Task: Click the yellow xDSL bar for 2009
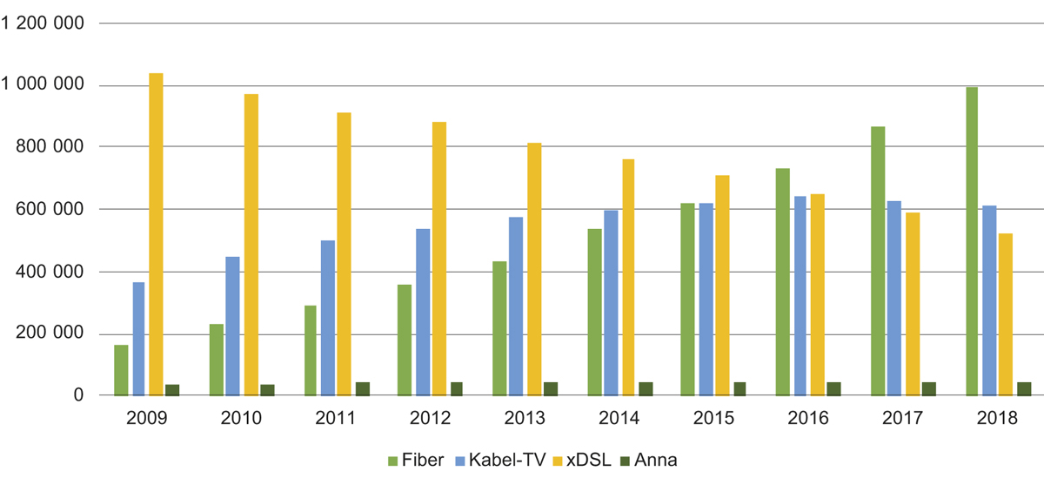[x=157, y=234]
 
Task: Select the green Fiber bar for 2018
[x=972, y=241]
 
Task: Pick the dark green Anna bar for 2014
[x=646, y=388]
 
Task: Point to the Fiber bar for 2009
[x=121, y=370]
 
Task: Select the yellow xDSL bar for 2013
[x=534, y=269]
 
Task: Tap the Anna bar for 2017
[x=928, y=388]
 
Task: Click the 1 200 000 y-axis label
[x=43, y=24]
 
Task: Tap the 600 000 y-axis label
[x=50, y=210]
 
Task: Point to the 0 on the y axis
[x=77, y=396]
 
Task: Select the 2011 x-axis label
[x=336, y=419]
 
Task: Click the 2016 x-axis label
[x=806, y=419]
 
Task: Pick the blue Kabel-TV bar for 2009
[x=138, y=339]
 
